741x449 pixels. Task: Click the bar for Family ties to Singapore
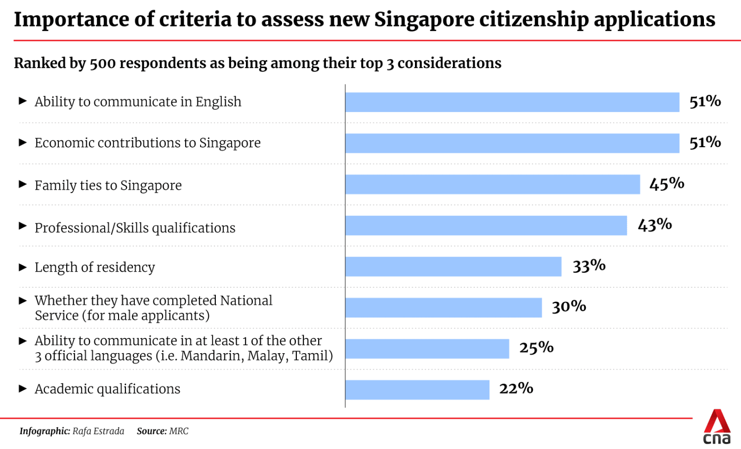click(x=493, y=184)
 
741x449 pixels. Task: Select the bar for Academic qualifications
click(x=417, y=390)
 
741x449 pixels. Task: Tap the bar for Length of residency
click(x=453, y=267)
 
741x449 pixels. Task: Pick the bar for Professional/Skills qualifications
click(x=486, y=225)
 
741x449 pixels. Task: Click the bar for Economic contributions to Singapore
click(x=512, y=143)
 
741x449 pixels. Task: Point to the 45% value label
click(x=666, y=184)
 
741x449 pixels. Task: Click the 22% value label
click(x=516, y=389)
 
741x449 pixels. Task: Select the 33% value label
click(x=589, y=266)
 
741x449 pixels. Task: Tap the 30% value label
click(x=569, y=307)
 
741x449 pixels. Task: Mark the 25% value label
click(x=536, y=348)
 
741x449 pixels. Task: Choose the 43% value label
click(x=655, y=225)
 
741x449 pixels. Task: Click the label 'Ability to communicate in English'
click(x=138, y=102)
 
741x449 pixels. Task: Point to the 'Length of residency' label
click(x=95, y=267)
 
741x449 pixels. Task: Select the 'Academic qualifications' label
click(x=107, y=389)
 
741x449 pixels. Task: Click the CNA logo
click(x=717, y=427)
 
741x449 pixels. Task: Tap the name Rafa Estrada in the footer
click(x=98, y=431)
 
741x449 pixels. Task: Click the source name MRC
click(x=179, y=431)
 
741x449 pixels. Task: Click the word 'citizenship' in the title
click(x=535, y=20)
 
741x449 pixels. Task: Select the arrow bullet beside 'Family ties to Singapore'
click(x=23, y=184)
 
